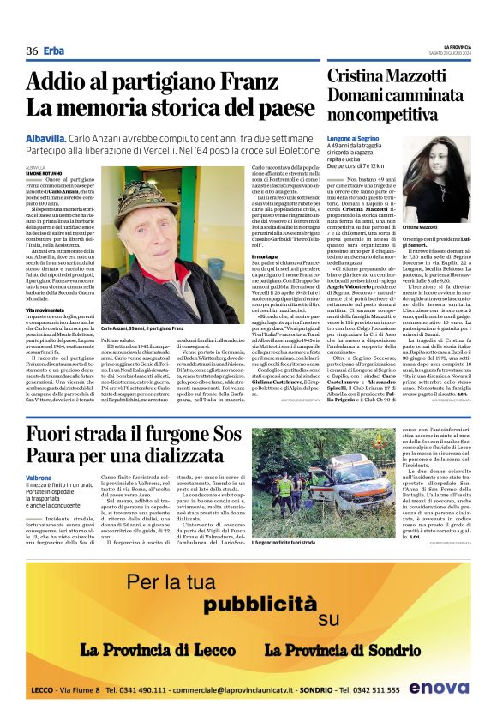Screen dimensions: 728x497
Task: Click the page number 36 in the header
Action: point(32,51)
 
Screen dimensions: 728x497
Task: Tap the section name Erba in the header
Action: point(54,51)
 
